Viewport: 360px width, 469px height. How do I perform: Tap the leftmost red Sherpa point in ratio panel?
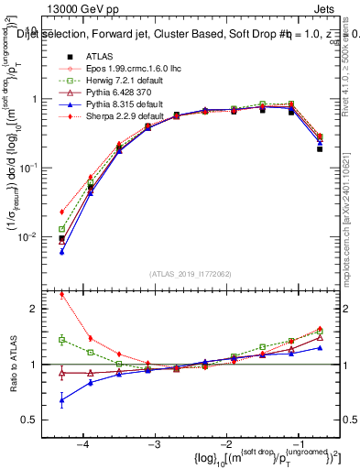click(61, 294)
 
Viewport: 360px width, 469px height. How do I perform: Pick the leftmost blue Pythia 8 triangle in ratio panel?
click(61, 400)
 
